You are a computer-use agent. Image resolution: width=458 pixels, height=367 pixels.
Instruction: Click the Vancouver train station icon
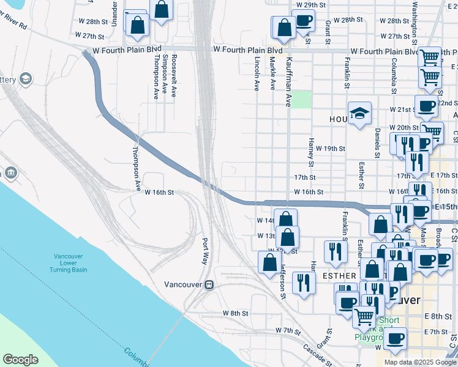209,284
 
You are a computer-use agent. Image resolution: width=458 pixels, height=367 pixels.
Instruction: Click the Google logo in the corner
20,360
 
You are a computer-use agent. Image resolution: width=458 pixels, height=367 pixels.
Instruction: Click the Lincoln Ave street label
257,75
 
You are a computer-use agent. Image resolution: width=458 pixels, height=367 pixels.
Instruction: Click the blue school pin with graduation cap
359,113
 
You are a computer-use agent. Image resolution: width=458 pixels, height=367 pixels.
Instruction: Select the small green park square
301,100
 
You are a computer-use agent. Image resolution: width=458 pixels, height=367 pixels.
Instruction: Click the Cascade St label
317,354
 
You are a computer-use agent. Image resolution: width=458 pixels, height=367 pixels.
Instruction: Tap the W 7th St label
289,330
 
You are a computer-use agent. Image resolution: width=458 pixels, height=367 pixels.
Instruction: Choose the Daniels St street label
377,143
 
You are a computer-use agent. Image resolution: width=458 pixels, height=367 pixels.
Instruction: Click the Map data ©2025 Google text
419,362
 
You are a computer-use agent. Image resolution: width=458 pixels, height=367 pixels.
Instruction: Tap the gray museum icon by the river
10,173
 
